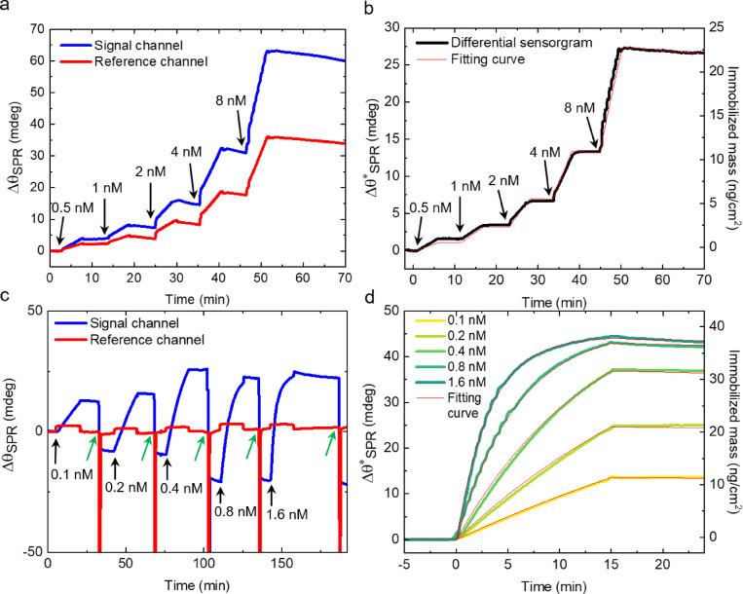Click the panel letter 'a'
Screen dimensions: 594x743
(6, 9)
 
